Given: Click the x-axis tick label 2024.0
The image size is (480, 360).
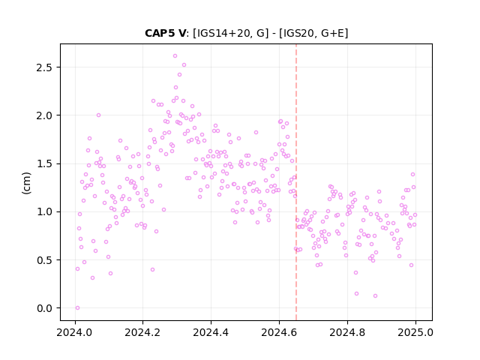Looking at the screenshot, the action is pos(74,332).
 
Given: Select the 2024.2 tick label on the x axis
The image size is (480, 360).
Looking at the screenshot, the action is pos(142,332).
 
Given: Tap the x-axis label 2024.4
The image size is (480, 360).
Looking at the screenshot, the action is pos(211,332).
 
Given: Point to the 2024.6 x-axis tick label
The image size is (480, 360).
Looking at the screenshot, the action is pos(279,332).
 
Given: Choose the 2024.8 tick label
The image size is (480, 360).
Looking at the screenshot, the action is pos(347,332).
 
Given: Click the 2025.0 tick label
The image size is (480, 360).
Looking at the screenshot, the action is pos(415,332).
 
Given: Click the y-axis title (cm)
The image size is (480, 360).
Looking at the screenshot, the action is pos(26,183).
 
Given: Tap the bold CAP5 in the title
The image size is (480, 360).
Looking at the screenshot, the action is pos(157,33).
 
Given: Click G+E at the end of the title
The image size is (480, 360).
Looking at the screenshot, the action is pos(332,33).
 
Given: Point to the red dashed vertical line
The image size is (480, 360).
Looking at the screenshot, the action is pos(296,182).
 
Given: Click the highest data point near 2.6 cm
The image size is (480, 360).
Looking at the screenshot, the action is pos(175,56).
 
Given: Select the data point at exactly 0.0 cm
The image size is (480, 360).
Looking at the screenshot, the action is pos(77,308).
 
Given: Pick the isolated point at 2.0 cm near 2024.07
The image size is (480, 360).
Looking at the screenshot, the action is pos(98,115).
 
